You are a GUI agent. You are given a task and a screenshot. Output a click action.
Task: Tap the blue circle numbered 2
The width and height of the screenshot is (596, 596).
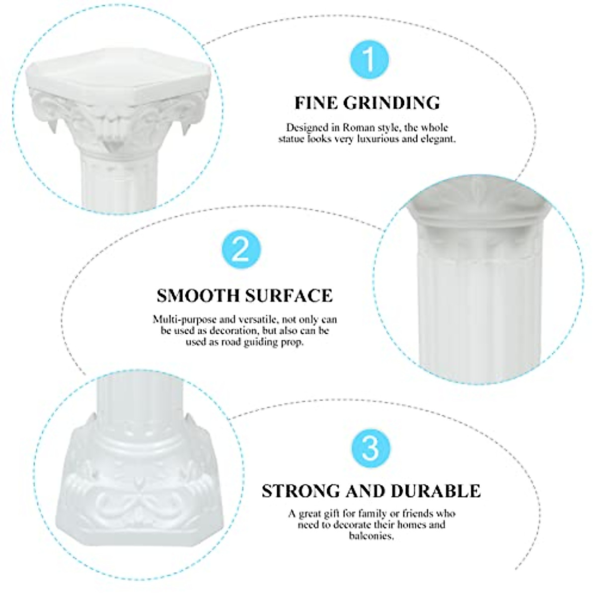coord(240,250)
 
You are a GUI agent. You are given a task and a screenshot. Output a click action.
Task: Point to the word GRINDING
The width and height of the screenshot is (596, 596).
coord(394,103)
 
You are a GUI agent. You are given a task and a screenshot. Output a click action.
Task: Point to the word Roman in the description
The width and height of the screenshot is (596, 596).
coord(359,128)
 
